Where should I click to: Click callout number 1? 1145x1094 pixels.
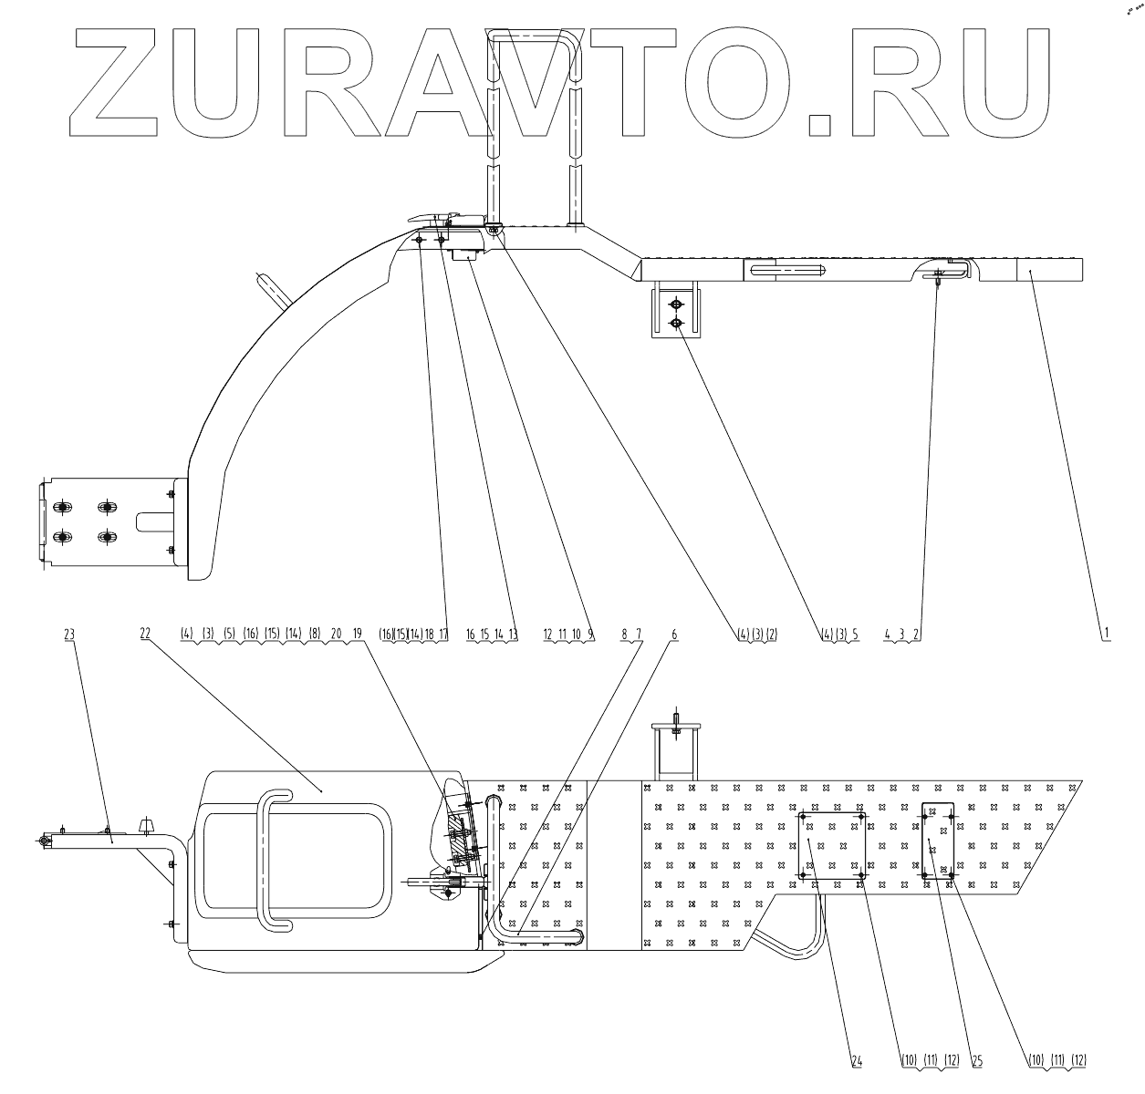1105,631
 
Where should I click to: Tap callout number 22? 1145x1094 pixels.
144,631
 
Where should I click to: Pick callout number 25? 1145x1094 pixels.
976,1060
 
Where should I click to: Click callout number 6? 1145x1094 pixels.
673,631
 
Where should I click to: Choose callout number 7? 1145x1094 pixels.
638,631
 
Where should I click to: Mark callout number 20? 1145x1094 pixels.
336,632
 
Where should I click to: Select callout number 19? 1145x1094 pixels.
357,632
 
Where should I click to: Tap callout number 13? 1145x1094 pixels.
513,632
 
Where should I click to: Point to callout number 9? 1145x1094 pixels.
590,632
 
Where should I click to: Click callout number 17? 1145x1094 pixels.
443,632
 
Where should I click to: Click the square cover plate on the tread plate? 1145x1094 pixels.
832,845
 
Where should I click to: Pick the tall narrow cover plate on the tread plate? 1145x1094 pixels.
938,839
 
